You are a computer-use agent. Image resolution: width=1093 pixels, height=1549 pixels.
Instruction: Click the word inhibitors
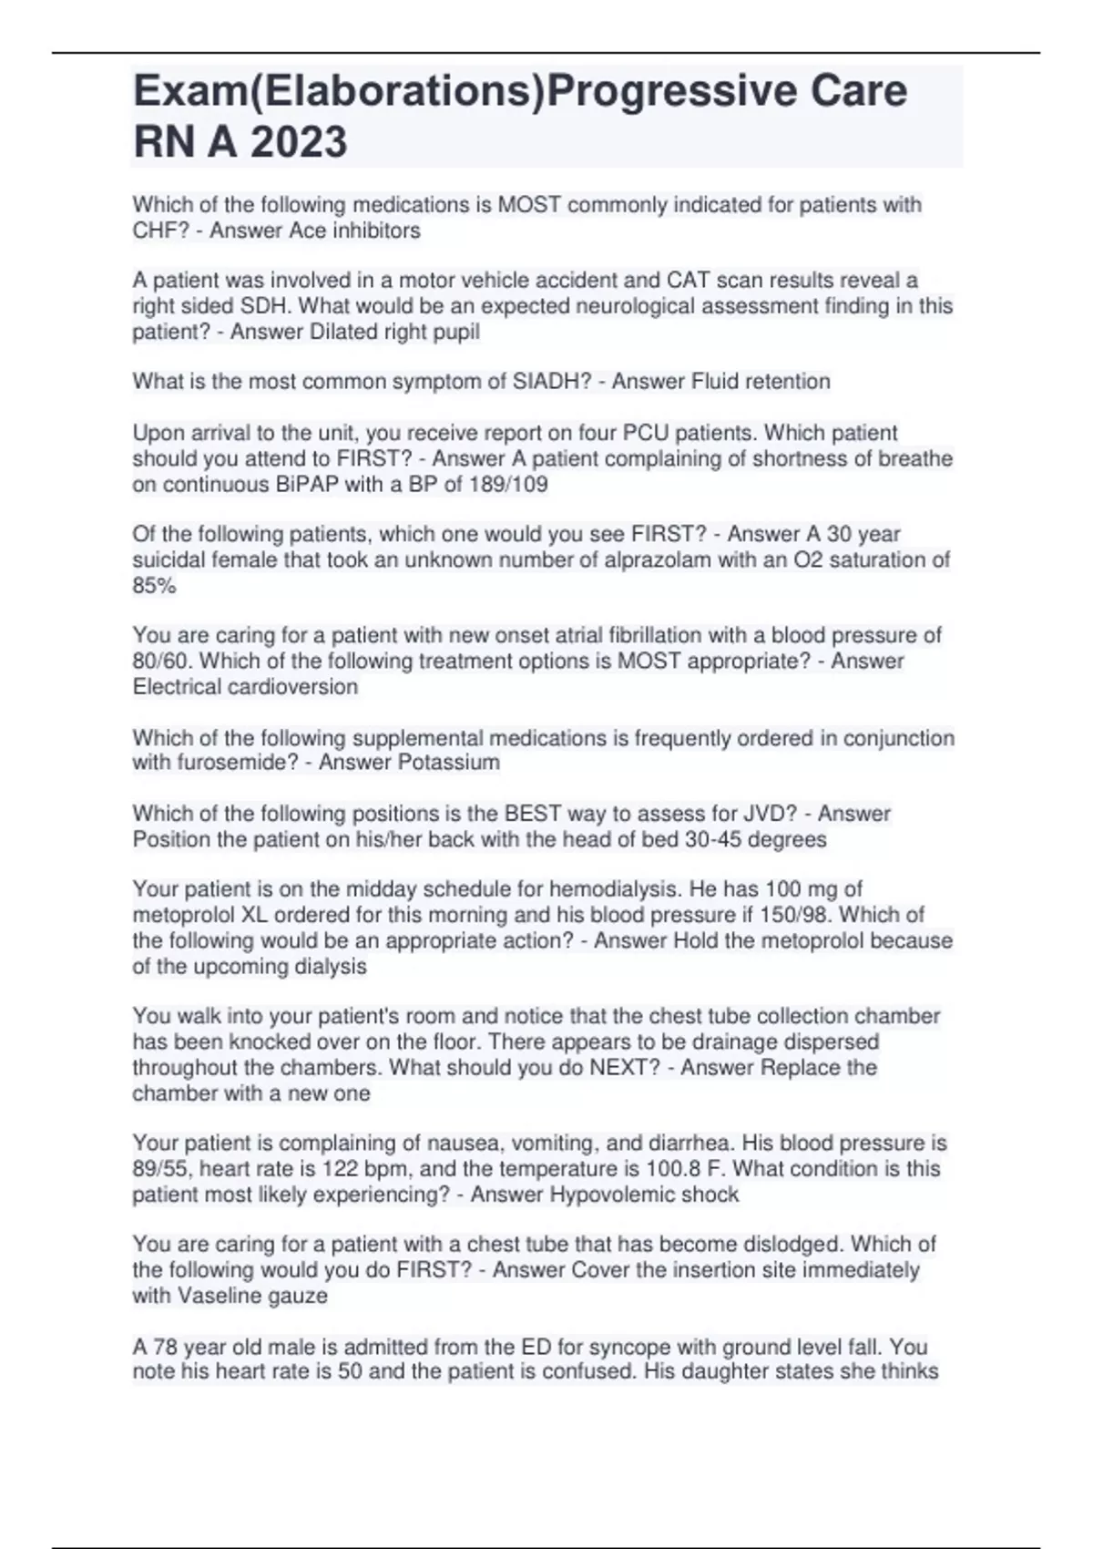[x=376, y=231]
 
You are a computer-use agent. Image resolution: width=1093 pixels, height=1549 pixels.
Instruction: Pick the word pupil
[x=455, y=332]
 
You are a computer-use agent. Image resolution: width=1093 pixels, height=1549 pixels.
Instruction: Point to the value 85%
[x=154, y=585]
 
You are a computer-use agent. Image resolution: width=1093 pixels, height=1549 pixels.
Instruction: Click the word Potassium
[x=449, y=762]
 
